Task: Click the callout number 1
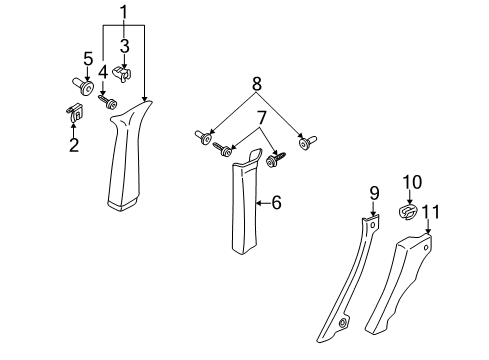pyautogui.click(x=124, y=13)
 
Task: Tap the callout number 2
pyautogui.click(x=74, y=145)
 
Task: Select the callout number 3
pyautogui.click(x=124, y=46)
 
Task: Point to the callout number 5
pyautogui.click(x=88, y=59)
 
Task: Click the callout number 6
pyautogui.click(x=276, y=202)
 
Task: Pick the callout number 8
pyautogui.click(x=257, y=84)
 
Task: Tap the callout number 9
pyautogui.click(x=374, y=193)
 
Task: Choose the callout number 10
pyautogui.click(x=412, y=182)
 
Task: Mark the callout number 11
pyautogui.click(x=431, y=212)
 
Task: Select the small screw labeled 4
pyautogui.click(x=107, y=101)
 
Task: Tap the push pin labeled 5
pyautogui.click(x=83, y=86)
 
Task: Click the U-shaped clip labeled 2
pyautogui.click(x=74, y=113)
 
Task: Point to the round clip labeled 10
pyautogui.click(x=408, y=212)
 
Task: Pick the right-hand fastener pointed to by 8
pyautogui.click(x=308, y=142)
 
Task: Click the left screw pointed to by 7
pyautogui.click(x=223, y=149)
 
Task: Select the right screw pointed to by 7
pyautogui.click(x=276, y=158)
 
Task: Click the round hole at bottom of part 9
pyautogui.click(x=342, y=323)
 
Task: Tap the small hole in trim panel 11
pyautogui.click(x=426, y=248)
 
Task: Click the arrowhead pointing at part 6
pyautogui.click(x=258, y=202)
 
